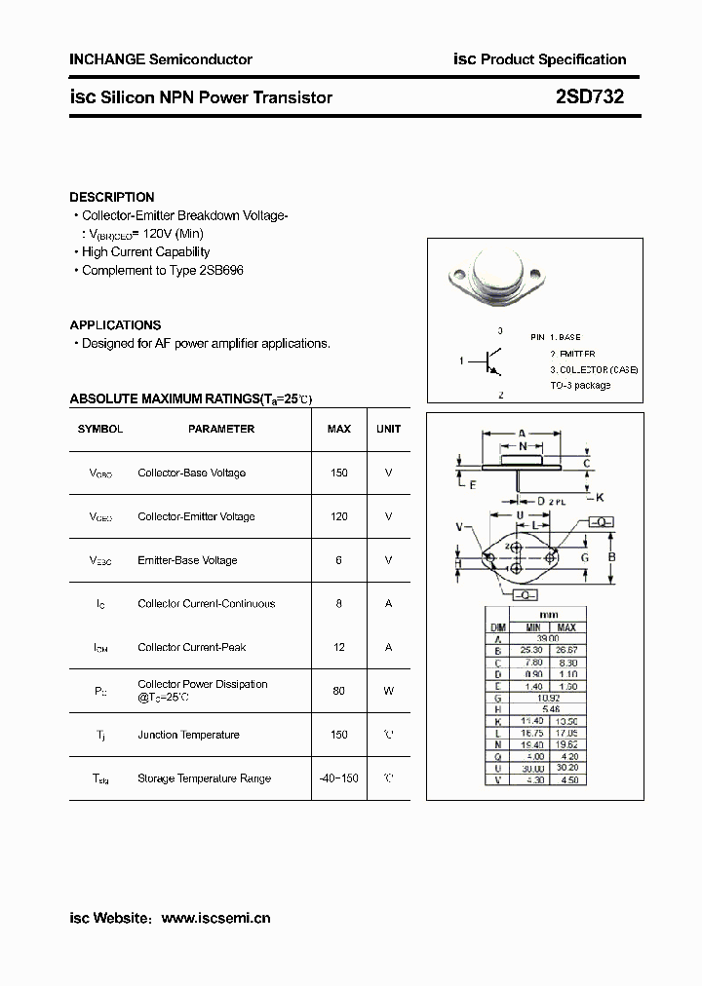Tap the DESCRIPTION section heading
tap(111, 197)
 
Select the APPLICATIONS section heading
tap(115, 325)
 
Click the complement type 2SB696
tap(220, 270)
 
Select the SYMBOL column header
tap(100, 429)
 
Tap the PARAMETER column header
tap(221, 429)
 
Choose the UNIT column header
tap(388, 429)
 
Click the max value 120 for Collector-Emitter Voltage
tap(339, 516)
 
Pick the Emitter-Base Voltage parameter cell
tap(187, 560)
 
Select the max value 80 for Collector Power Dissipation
tap(339, 691)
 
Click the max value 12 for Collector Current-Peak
tap(339, 647)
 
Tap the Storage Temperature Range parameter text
tap(204, 778)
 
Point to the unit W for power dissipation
tap(388, 691)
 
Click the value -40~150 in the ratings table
tap(339, 778)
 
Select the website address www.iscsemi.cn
tap(215, 918)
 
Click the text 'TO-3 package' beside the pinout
tap(580, 385)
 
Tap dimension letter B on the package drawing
tap(611, 557)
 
